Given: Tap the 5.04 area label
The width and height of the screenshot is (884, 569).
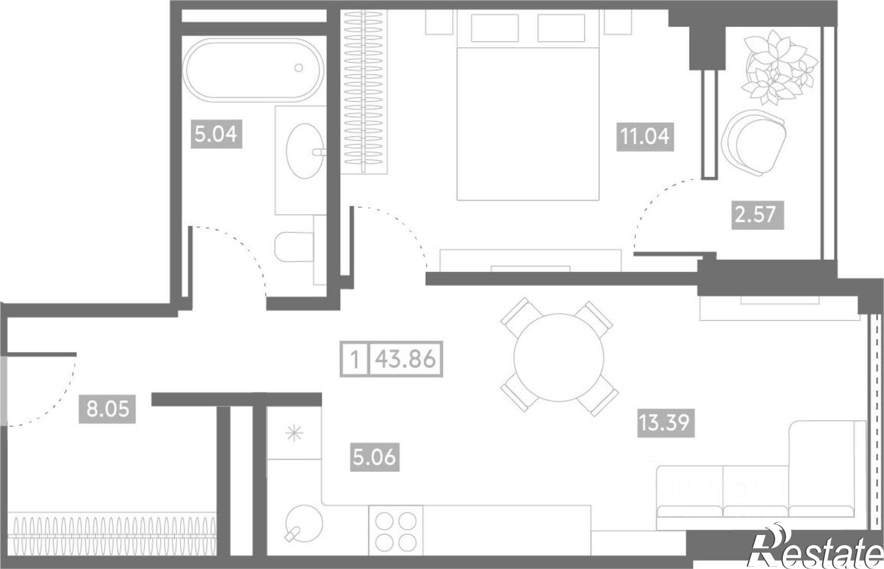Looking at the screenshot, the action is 216,134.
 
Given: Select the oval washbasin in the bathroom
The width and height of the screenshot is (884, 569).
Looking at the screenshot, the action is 305,151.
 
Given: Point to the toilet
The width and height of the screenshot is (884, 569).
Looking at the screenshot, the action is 294,247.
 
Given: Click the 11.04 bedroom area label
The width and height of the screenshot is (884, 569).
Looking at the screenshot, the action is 645,137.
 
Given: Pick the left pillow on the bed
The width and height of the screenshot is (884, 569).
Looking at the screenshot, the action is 495,28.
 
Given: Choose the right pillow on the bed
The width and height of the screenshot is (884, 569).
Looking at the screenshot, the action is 561,28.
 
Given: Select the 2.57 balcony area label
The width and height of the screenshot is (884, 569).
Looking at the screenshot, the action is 758,215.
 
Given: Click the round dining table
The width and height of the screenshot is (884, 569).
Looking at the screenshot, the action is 559,357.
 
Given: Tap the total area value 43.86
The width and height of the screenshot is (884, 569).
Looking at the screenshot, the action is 406,359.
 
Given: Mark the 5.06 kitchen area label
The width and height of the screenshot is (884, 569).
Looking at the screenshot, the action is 375,457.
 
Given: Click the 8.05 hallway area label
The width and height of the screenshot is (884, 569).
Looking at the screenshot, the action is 107,409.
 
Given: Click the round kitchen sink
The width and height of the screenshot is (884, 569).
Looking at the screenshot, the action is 304,524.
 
